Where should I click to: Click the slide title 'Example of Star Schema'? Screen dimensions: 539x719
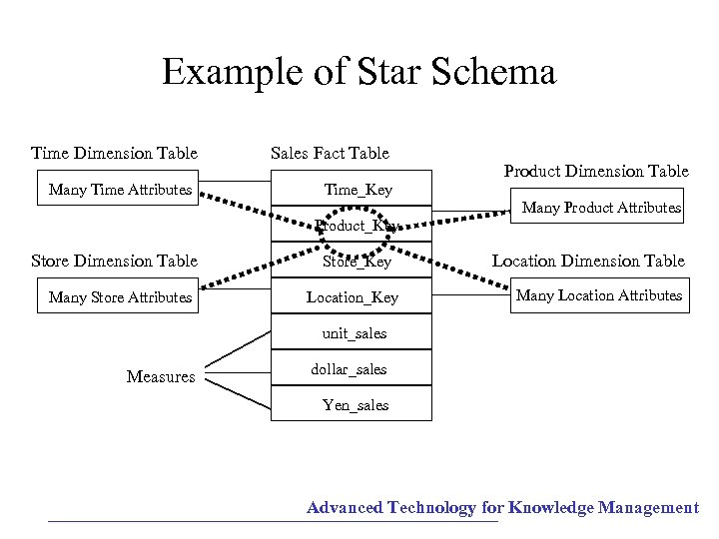pos(359,73)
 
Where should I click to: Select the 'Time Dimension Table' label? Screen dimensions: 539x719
pos(114,153)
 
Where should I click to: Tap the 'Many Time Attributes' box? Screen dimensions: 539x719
pos(120,189)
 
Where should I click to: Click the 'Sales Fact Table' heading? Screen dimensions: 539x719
pos(330,153)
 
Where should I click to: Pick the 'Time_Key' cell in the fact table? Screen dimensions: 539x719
pos(358,189)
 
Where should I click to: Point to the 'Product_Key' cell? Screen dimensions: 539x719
pos(355,226)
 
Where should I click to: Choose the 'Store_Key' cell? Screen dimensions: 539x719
pos(357,262)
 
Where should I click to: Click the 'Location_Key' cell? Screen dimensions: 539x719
pos(352,296)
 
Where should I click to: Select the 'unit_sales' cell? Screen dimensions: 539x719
pos(354,332)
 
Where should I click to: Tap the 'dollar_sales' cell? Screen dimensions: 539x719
pos(349,368)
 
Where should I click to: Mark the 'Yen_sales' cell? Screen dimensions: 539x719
pos(355,404)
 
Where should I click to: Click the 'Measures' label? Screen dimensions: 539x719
pos(161,376)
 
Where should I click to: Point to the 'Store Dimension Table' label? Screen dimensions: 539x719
pos(114,261)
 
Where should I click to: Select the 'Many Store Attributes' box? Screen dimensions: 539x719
pos(120,296)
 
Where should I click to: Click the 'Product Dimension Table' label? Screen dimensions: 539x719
pos(596,171)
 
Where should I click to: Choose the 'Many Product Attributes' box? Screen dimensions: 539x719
pos(601,208)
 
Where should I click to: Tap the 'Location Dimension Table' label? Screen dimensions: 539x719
pos(588,261)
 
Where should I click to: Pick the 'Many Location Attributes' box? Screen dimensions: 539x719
pos(599,294)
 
